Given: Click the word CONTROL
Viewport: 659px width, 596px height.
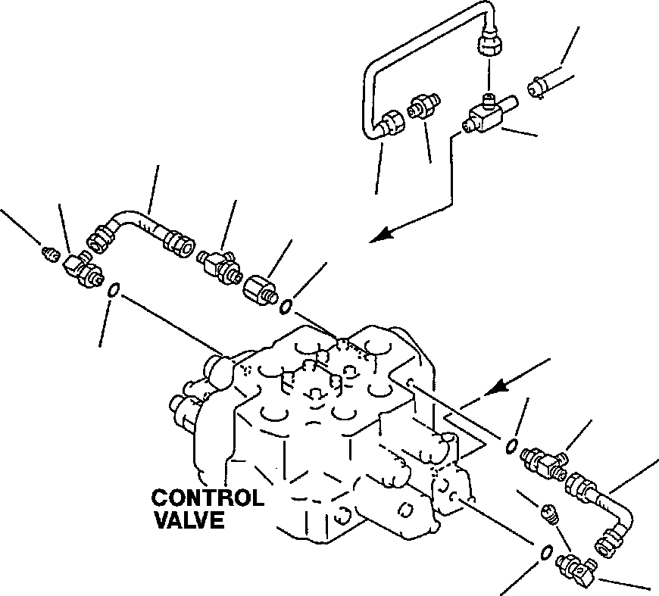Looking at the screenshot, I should click(208, 498).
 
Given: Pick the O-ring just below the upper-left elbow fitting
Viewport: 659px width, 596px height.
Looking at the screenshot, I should click(113, 290).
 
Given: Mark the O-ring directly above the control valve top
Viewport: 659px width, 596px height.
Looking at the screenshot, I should click(287, 306).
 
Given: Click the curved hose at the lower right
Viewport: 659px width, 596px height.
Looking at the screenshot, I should click(606, 510).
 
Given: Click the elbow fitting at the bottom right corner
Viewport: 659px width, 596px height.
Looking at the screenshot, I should click(576, 566).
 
